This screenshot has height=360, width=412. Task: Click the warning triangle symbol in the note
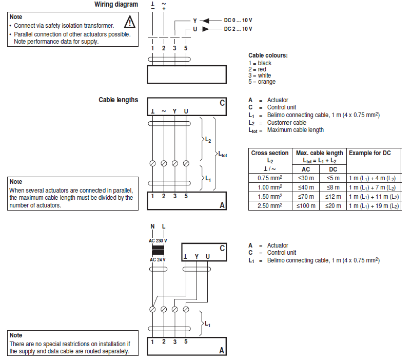pyautogui.click(x=130, y=22)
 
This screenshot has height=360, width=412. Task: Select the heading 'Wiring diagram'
pyautogui.click(x=116, y=5)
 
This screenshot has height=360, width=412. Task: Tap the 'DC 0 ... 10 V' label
pyautogui.click(x=238, y=20)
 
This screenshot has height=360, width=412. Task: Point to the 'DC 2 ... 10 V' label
pyautogui.click(x=238, y=29)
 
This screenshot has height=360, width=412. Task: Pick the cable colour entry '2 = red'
pyautogui.click(x=258, y=69)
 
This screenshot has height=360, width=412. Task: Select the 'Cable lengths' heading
pyautogui.click(x=118, y=100)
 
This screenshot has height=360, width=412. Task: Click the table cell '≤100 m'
pyautogui.click(x=306, y=205)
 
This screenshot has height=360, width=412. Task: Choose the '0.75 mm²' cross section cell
pyautogui.click(x=270, y=178)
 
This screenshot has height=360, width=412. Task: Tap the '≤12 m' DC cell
pyautogui.click(x=333, y=197)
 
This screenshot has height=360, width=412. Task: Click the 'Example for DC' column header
pyautogui.click(x=369, y=153)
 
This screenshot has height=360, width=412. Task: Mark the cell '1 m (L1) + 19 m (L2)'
pyautogui.click(x=374, y=205)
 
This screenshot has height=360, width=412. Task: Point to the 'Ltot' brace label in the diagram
pyautogui.click(x=223, y=154)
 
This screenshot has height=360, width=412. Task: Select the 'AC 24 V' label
pyautogui.click(x=157, y=259)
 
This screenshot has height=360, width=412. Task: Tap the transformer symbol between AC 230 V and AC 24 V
pyautogui.click(x=158, y=250)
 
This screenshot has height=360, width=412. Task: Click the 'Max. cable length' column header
pyautogui.click(x=319, y=153)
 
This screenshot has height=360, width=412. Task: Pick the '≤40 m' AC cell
pyautogui.click(x=306, y=187)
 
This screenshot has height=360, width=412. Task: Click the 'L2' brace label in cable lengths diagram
pyautogui.click(x=207, y=140)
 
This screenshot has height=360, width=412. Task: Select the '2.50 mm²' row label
pyautogui.click(x=270, y=205)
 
